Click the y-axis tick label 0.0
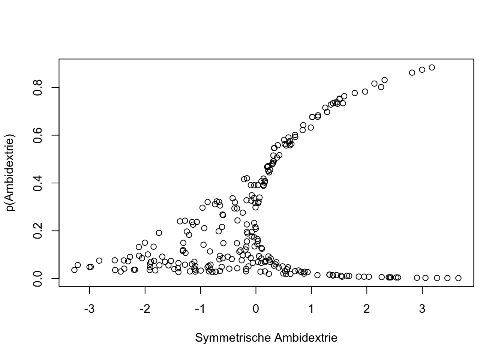click(37, 278)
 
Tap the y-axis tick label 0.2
click(37, 231)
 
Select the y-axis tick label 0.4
click(37, 183)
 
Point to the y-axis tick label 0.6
click(37, 135)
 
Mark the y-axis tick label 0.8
click(37, 87)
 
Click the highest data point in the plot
click(432, 67)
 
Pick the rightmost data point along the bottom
click(458, 278)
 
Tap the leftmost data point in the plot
click(74, 270)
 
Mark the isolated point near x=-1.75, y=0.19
click(159, 233)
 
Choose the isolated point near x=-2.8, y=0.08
click(99, 261)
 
